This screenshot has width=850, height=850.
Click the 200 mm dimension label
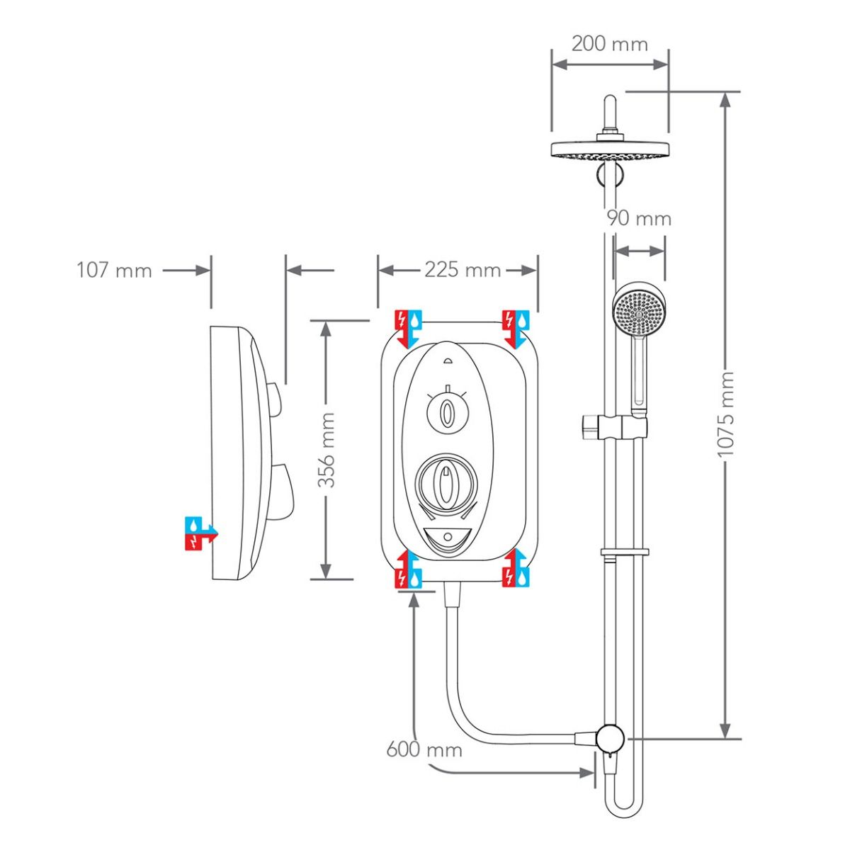(x=609, y=44)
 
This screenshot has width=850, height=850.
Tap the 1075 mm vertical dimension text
(x=726, y=414)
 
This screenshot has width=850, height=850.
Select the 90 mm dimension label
(x=638, y=218)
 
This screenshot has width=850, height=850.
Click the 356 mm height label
(x=326, y=450)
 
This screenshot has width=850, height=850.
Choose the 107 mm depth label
(x=114, y=270)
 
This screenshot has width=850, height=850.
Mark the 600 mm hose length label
(x=424, y=749)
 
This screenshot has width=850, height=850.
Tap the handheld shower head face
(x=640, y=310)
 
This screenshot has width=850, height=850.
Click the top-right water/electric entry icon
(x=515, y=327)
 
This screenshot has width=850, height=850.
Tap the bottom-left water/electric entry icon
(x=409, y=569)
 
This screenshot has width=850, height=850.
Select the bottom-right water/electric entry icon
(x=515, y=569)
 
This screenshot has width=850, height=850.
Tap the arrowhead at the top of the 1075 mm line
(x=725, y=99)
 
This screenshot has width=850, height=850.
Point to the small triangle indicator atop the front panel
(x=447, y=361)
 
